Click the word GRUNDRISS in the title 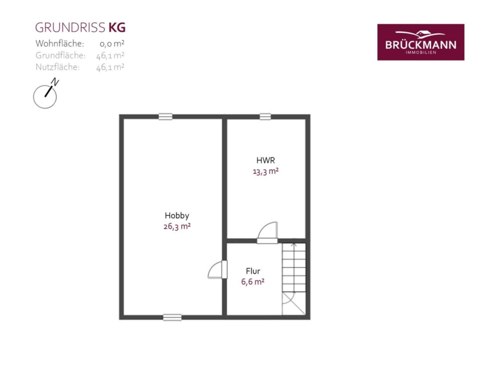point(70,28)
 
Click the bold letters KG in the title point(117,28)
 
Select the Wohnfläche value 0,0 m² point(112,43)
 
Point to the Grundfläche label point(61,56)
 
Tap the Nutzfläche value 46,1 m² point(110,67)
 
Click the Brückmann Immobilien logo point(421,42)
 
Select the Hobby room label point(177,216)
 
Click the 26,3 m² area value point(177,227)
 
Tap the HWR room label point(266,160)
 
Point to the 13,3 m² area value point(266,171)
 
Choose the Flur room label point(253,271)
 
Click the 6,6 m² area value point(253,282)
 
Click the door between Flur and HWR point(268,233)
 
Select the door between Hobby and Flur point(217,270)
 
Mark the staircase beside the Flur point(294,279)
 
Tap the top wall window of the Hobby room point(166,117)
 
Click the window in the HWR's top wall point(265,117)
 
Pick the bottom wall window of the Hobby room point(172,317)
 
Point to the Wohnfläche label point(59,43)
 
